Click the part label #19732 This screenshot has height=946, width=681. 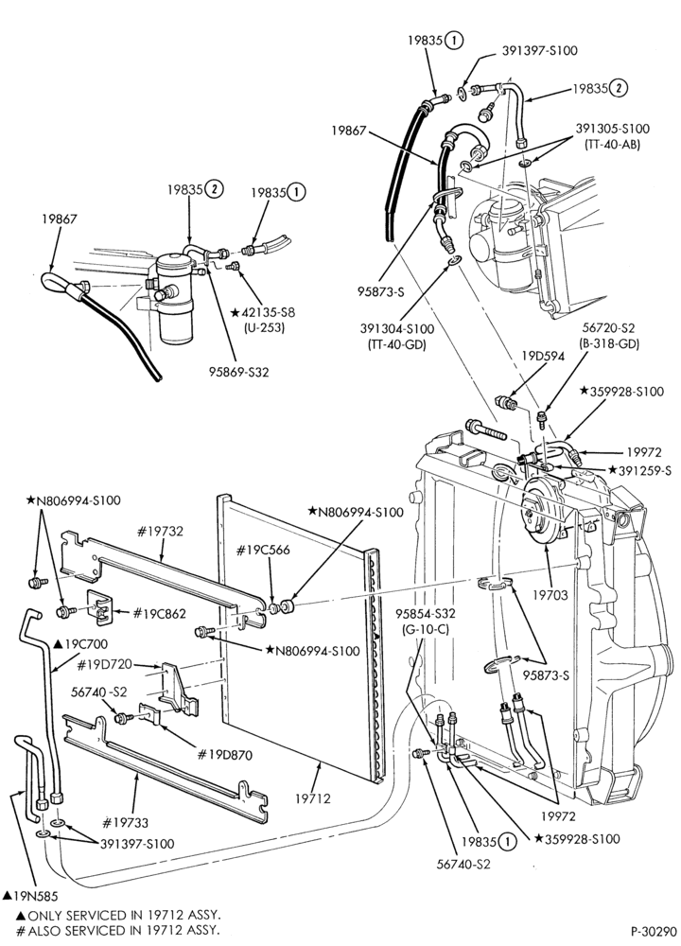pos(160,532)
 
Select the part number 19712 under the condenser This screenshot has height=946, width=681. pos(312,798)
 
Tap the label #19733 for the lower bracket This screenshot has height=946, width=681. pos(125,822)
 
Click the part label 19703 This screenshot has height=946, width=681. pos(550,595)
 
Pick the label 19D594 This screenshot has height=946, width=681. pos(543,356)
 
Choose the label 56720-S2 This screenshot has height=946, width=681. pos(608,329)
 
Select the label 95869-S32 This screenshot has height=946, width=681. pos(239,372)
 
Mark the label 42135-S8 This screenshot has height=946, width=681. pos(264,313)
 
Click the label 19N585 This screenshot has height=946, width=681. pos(29,895)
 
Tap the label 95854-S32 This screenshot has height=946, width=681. pos(426,614)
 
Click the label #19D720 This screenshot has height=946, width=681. pos(105,665)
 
